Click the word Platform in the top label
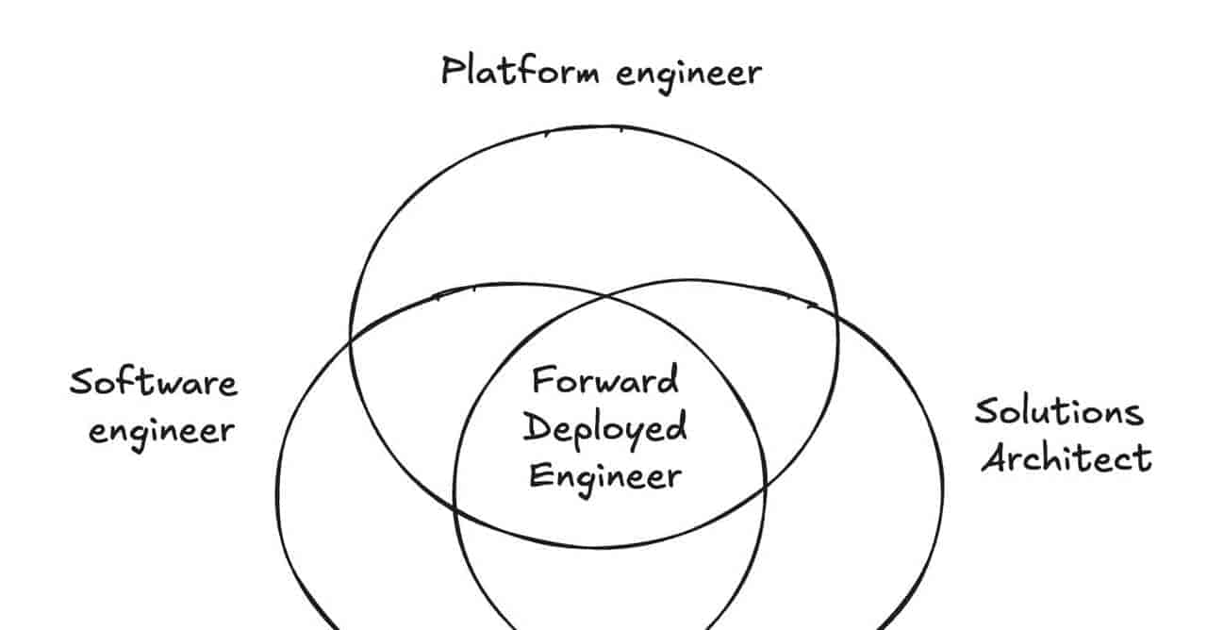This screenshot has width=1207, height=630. click(x=520, y=71)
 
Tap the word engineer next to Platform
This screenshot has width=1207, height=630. click(x=688, y=76)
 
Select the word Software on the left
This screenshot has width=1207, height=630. click(x=154, y=382)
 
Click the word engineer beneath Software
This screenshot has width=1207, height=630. click(x=161, y=432)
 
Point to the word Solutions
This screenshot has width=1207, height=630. click(x=1059, y=412)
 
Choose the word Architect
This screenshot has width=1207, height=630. click(x=1066, y=458)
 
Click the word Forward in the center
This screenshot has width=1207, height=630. click(x=605, y=379)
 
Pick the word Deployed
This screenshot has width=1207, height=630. click(x=605, y=429)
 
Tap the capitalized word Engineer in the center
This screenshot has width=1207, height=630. click(x=605, y=477)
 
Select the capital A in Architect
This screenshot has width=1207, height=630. click(x=995, y=458)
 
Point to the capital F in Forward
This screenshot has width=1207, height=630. click(x=544, y=379)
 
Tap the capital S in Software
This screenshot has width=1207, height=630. click(x=82, y=382)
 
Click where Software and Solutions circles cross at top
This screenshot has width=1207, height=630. click(x=605, y=296)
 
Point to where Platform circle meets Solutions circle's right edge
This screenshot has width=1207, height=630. click(x=837, y=314)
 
